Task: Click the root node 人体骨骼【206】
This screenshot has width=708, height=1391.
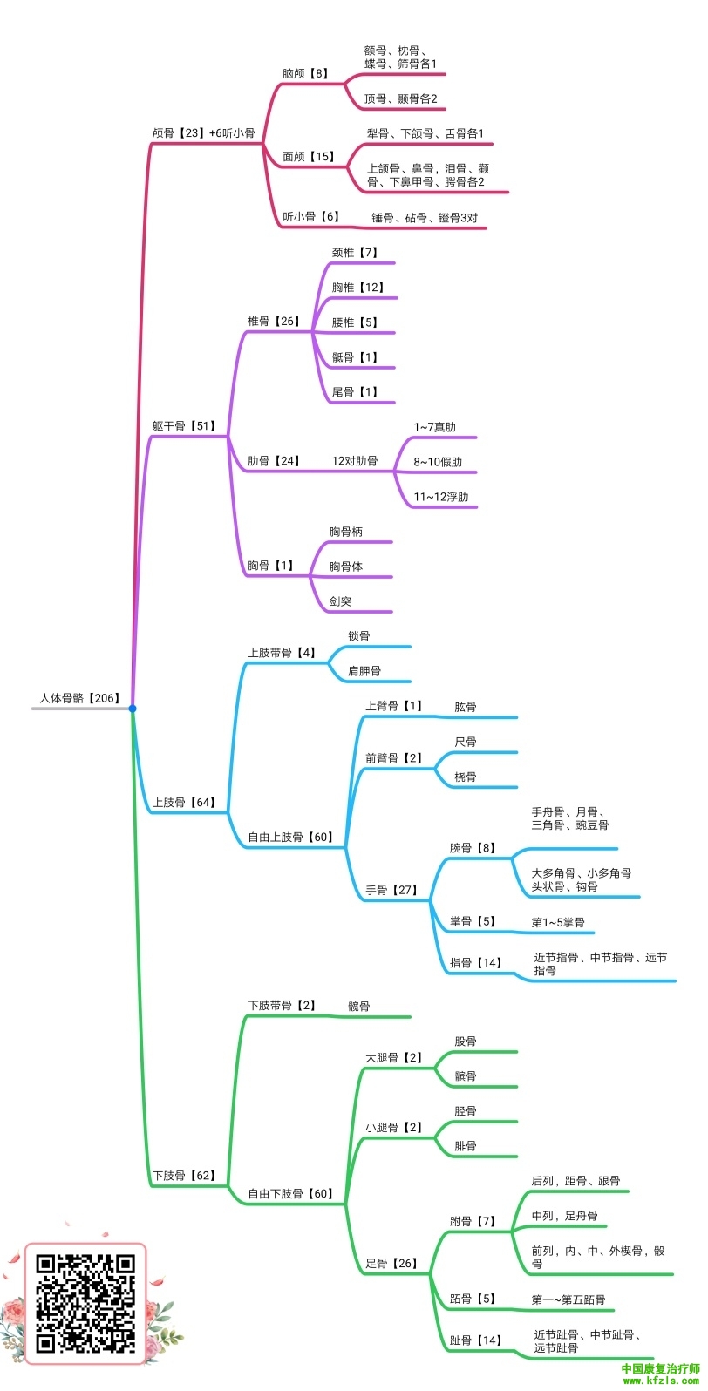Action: pos(79,698)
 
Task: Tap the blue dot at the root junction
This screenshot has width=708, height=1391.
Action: pos(133,709)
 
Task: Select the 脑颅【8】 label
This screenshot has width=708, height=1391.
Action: pos(305,73)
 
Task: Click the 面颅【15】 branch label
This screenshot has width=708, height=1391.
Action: pos(308,157)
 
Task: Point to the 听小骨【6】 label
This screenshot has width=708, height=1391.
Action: pos(310,217)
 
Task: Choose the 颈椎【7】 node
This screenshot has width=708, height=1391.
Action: pos(355,252)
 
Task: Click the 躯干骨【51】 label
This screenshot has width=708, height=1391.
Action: pos(183,426)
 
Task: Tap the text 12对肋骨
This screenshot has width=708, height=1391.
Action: pos(355,461)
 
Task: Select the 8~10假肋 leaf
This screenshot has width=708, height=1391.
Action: pos(438,462)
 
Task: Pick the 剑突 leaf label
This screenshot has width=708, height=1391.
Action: pos(340,601)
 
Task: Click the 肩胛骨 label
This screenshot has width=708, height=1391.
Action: pos(364,671)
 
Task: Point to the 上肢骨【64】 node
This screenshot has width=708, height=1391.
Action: pos(183,803)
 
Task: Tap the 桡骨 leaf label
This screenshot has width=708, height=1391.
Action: pos(465,777)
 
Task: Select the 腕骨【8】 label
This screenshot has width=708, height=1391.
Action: pos(472,848)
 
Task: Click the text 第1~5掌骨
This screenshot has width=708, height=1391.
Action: pos(558,922)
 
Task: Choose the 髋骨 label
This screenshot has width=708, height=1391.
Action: pos(359,1006)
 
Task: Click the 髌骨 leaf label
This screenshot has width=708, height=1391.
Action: pos(465,1075)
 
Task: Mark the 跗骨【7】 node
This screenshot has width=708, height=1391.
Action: pos(472,1221)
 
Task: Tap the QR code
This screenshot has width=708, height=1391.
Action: pos(85,1304)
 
